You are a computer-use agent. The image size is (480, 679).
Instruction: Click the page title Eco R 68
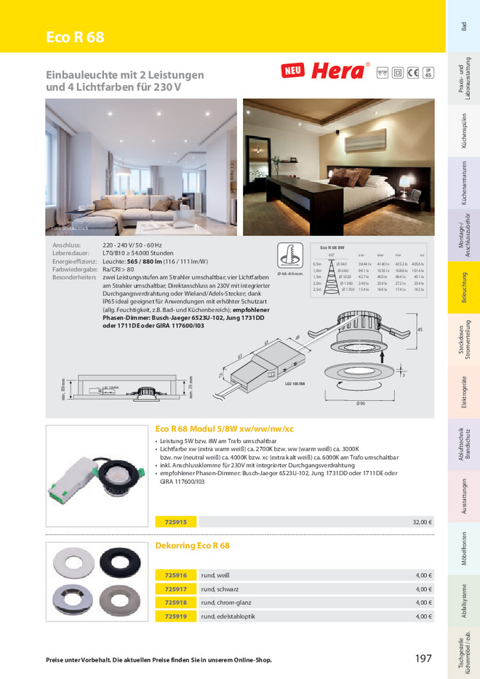[x=75, y=38]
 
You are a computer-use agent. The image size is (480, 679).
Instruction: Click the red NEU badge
[x=292, y=71]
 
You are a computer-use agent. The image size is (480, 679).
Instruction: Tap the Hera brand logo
[x=337, y=71]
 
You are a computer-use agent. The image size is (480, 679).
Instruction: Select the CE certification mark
[x=412, y=72]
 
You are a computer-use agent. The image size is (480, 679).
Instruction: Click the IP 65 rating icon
[x=428, y=72]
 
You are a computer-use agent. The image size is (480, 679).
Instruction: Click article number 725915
[x=175, y=522]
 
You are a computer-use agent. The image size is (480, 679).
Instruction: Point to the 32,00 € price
[x=423, y=522]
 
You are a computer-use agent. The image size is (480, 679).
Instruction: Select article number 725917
[x=175, y=589]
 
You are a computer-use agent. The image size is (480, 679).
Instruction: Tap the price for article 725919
[x=424, y=616]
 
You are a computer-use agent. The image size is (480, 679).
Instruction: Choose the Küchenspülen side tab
[x=464, y=132]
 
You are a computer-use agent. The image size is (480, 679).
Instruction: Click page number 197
[x=423, y=659]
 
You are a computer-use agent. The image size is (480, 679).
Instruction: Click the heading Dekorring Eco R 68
[x=193, y=545]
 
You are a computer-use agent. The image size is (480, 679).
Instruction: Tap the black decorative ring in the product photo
[x=119, y=563]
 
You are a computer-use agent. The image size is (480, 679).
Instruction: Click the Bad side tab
[x=464, y=26]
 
